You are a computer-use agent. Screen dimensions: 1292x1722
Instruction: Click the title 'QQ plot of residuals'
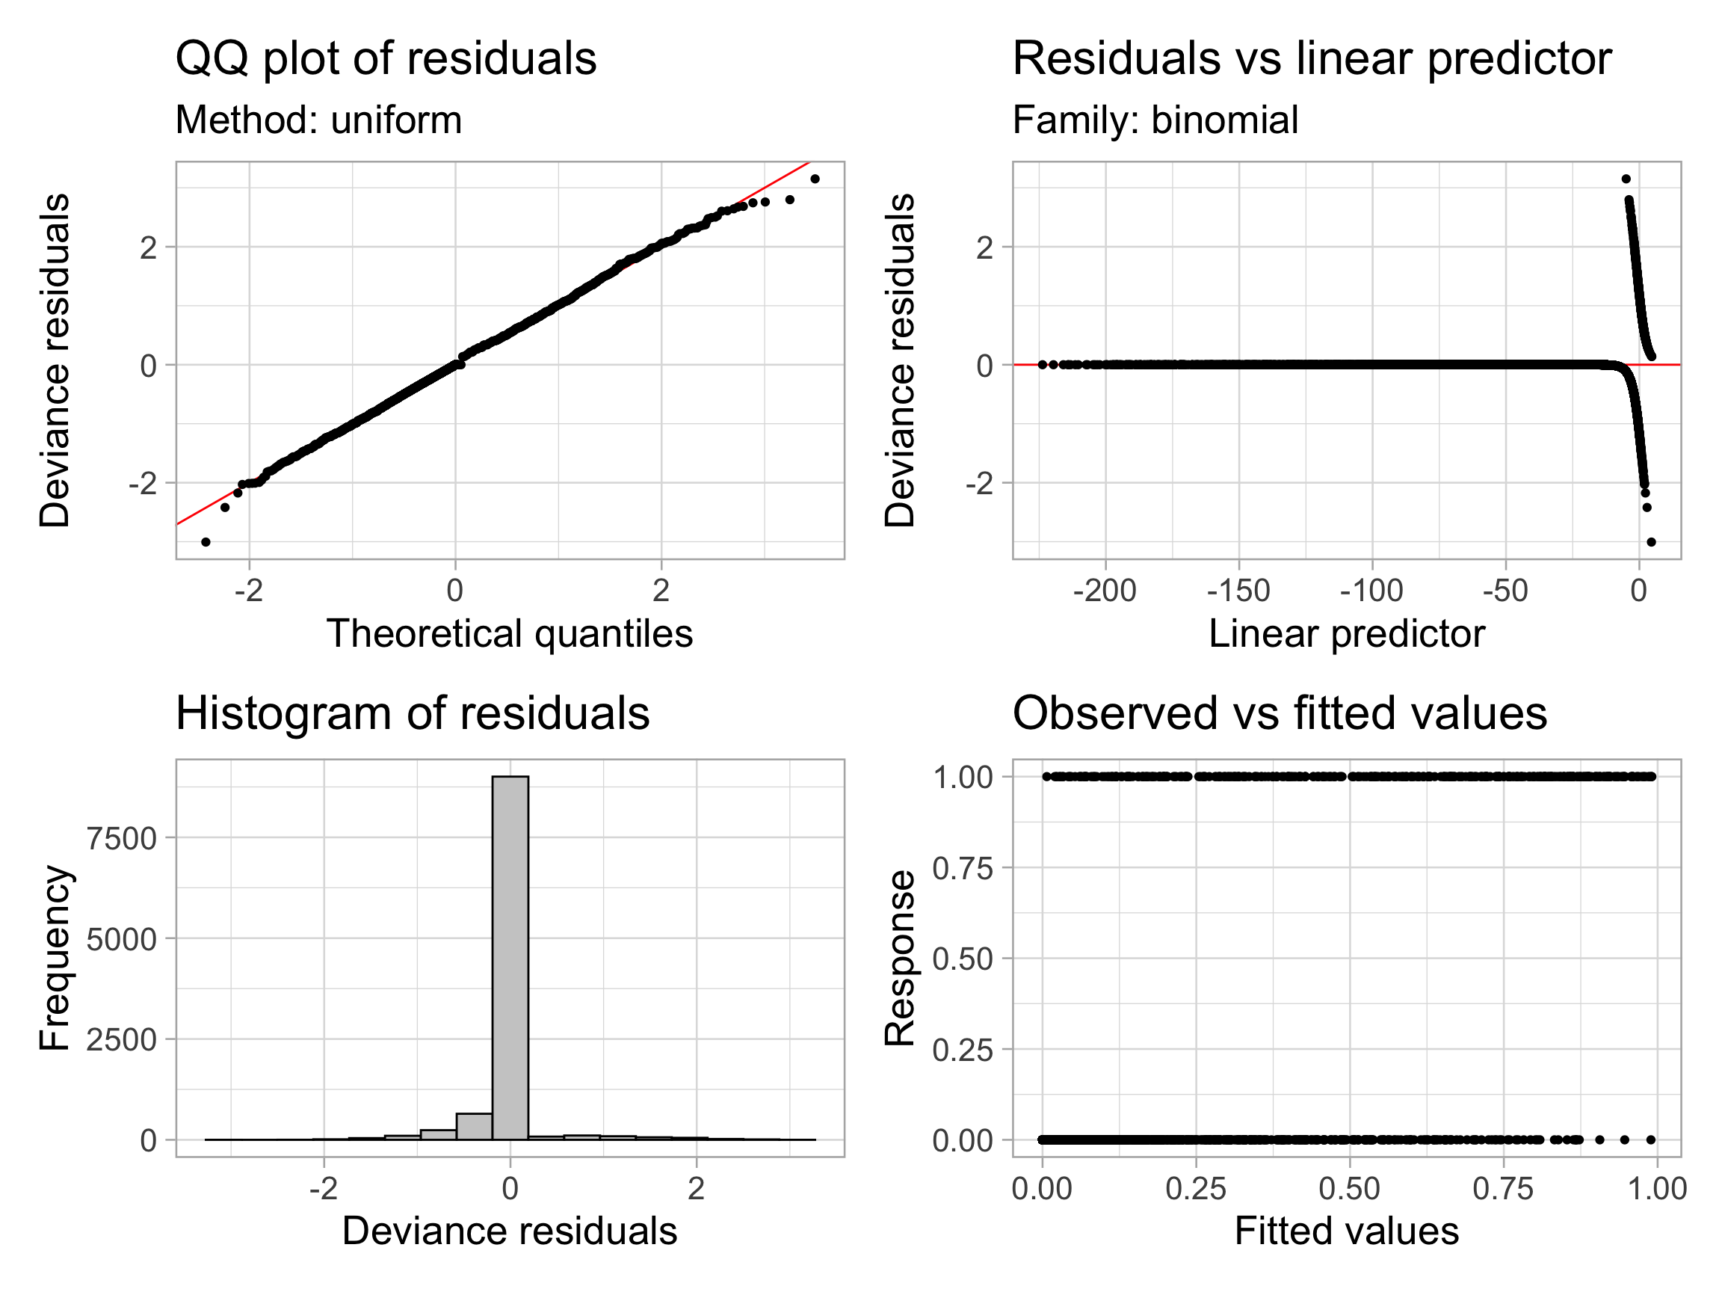click(386, 58)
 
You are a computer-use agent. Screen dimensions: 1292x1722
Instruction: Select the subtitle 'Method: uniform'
click(318, 120)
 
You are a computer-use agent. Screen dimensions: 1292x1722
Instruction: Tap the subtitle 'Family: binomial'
click(1155, 120)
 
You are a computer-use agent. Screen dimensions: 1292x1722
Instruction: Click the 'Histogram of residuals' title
click(412, 713)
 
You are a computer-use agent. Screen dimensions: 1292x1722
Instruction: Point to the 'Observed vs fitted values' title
click(1279, 713)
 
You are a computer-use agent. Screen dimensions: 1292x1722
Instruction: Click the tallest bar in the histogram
click(510, 958)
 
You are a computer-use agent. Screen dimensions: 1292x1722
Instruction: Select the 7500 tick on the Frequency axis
click(121, 839)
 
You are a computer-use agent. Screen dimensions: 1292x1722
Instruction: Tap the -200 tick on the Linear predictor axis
click(1105, 591)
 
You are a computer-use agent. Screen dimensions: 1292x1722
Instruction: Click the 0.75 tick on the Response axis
click(963, 868)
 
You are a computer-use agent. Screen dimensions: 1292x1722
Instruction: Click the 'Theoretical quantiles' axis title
click(509, 634)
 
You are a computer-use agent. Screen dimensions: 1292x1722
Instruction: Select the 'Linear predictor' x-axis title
click(1347, 634)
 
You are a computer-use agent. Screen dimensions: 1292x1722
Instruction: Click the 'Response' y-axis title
click(900, 958)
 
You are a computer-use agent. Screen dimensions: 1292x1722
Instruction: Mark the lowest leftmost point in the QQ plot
click(206, 542)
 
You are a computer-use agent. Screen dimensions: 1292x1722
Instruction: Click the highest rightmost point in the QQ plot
click(815, 179)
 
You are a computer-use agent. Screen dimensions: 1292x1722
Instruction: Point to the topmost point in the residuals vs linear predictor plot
click(1626, 179)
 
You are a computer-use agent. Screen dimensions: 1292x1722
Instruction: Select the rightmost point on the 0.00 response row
click(1651, 1140)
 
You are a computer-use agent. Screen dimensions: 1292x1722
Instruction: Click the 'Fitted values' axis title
click(1347, 1232)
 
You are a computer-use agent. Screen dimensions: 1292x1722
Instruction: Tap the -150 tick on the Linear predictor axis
click(1238, 591)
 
